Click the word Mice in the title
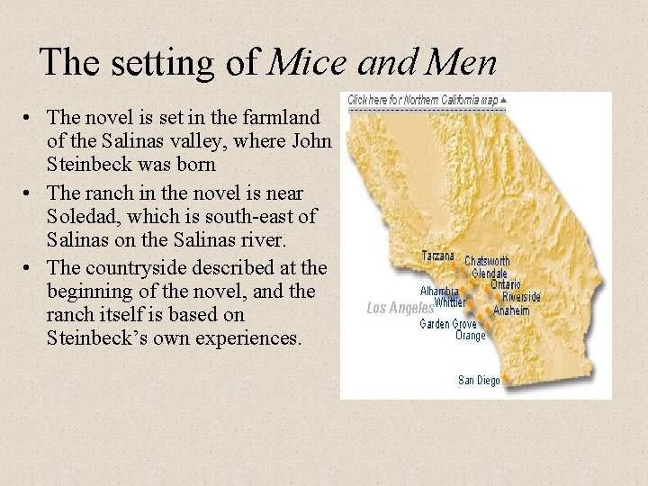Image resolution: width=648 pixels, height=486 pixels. click(308, 62)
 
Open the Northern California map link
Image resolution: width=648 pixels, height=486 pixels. click(423, 99)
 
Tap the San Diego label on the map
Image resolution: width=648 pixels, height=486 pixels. click(479, 381)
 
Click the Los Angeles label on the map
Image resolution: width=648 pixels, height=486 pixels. click(400, 308)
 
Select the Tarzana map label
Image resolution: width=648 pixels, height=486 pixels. click(438, 256)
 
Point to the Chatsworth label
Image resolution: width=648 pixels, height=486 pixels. click(487, 261)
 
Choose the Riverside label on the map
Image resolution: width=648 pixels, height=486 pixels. click(522, 297)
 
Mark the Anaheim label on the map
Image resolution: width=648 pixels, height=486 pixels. click(512, 311)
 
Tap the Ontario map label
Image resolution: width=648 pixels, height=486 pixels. click(505, 284)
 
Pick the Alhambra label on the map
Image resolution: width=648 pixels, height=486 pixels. click(440, 291)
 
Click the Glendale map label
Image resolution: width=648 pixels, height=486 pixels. click(490, 273)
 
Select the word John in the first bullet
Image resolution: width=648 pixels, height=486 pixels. click(315, 142)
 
